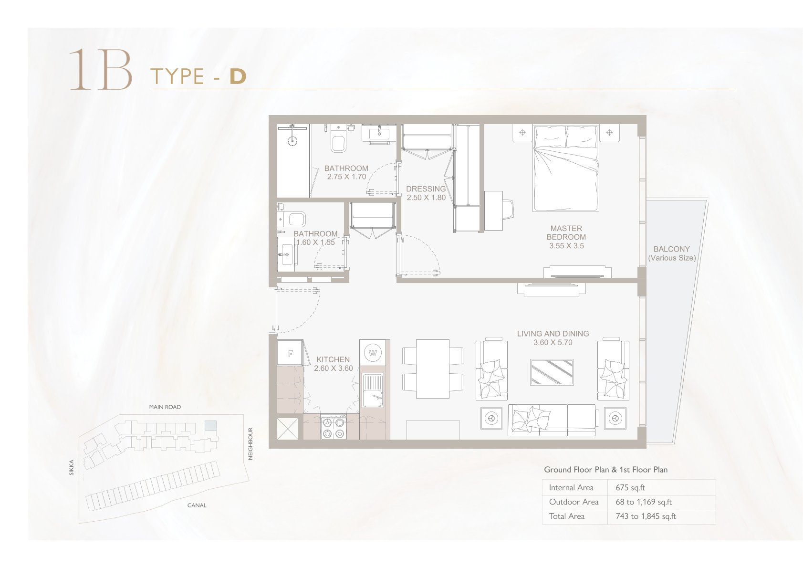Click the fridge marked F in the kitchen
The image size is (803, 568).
point(290,353)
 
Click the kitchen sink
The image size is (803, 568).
point(373,390)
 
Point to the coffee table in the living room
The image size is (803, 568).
point(552,372)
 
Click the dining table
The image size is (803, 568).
point(433,368)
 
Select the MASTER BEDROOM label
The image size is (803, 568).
point(566,232)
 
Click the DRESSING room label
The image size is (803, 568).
point(426,189)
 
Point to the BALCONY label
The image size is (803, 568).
point(671,249)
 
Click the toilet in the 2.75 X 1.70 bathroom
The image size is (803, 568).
point(338,140)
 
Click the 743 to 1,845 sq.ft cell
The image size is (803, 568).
point(646,516)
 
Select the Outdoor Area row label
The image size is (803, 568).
point(574,502)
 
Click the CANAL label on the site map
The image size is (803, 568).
point(197,505)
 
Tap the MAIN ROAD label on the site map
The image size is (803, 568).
point(165,407)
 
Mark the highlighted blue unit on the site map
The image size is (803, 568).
point(211,426)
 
